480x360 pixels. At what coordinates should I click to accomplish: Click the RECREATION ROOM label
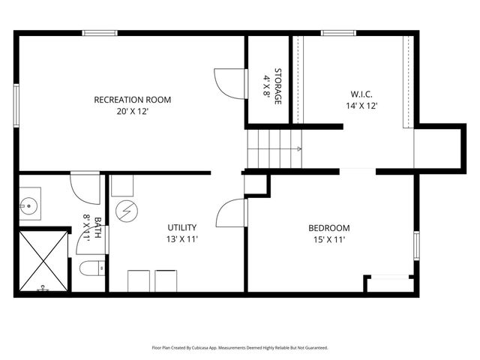[x=132, y=100]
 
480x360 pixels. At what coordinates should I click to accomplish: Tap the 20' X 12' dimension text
[x=132, y=112]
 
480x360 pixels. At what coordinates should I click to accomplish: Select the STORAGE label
[x=277, y=85]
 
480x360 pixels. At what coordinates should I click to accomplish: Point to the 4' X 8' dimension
[x=266, y=85]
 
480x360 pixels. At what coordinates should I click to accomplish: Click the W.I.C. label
[x=361, y=94]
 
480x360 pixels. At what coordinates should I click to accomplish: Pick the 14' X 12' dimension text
[x=361, y=106]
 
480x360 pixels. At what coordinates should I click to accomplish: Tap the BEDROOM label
[x=329, y=228]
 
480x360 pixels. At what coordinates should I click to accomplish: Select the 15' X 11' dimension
[x=329, y=240]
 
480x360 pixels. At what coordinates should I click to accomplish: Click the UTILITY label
[x=181, y=227]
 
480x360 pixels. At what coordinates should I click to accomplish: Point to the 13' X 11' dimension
[x=181, y=240]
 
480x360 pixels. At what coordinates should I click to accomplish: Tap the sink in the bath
[x=31, y=203]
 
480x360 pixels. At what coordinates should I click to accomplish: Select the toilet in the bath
[x=91, y=267]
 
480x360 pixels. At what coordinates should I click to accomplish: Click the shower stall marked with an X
[x=42, y=261]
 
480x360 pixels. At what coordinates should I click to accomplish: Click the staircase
[x=274, y=148]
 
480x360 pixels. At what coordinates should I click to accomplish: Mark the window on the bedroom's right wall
[x=417, y=245]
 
